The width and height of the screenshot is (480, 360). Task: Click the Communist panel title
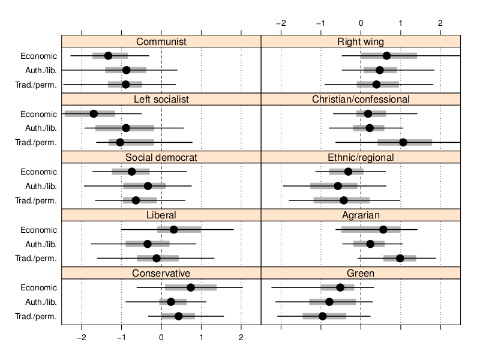161,41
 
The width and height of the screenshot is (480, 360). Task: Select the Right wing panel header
361,41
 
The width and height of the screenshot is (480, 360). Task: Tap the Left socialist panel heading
161,99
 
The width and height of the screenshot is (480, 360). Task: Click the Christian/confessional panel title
361,99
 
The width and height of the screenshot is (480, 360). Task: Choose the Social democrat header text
161,157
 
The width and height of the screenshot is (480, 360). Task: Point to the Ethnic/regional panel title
361,157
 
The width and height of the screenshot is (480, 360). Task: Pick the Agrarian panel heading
361,215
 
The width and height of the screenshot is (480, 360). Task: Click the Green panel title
361,273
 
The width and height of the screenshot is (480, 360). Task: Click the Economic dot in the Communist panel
108,56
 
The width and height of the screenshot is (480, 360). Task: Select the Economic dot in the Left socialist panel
94,114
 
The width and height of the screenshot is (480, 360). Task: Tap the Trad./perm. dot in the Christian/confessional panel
403,142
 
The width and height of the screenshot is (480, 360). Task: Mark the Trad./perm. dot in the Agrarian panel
400,258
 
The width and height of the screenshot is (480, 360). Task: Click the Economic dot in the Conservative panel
191,287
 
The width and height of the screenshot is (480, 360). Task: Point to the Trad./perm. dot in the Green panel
323,316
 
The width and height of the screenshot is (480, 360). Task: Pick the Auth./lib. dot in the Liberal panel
148,244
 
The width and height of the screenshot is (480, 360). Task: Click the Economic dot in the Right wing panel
386,56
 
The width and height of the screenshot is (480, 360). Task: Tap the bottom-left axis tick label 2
241,337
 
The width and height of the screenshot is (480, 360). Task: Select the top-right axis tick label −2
281,23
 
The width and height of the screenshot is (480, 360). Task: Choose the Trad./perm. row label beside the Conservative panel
38,316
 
